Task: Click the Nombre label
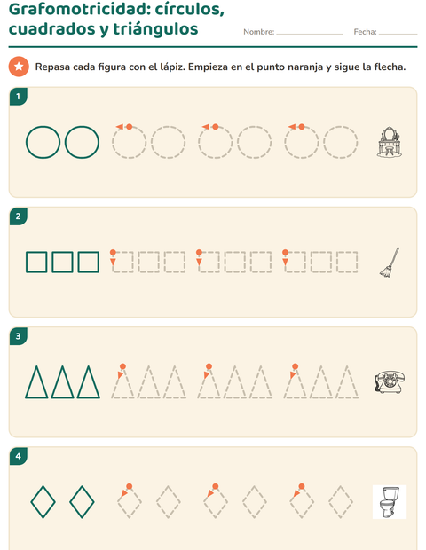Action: pyautogui.click(x=259, y=32)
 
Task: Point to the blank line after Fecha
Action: pyautogui.click(x=398, y=34)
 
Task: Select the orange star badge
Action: pyautogui.click(x=19, y=67)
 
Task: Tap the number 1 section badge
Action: pyautogui.click(x=19, y=96)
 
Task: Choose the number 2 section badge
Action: pyautogui.click(x=19, y=216)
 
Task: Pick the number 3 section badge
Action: pyautogui.click(x=19, y=336)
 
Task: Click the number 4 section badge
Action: pyautogui.click(x=19, y=456)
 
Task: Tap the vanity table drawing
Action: pyautogui.click(x=389, y=142)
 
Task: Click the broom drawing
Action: pyautogui.click(x=390, y=263)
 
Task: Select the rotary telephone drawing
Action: pyautogui.click(x=389, y=382)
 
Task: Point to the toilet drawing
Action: pyautogui.click(x=390, y=502)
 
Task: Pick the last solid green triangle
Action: pyautogui.click(x=83, y=382)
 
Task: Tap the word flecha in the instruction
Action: pyautogui.click(x=390, y=67)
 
